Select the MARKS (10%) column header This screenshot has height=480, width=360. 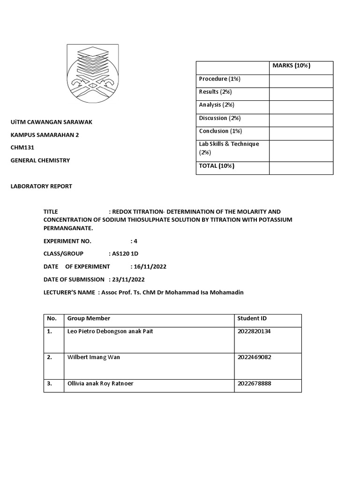click(291, 66)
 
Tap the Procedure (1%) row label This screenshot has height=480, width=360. click(219, 79)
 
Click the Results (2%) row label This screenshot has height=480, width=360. click(215, 92)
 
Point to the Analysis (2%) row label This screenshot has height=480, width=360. click(217, 105)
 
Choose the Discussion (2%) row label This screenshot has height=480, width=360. click(219, 118)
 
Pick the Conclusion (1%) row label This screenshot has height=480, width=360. click(220, 131)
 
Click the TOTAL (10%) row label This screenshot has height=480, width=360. click(217, 166)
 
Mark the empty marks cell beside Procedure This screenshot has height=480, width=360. click(300, 81)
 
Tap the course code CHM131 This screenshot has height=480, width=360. click(22, 147)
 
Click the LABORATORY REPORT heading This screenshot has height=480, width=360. click(41, 186)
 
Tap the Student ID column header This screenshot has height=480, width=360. click(252, 318)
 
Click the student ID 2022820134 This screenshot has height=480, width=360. click(254, 331)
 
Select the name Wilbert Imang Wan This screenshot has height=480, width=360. click(94, 357)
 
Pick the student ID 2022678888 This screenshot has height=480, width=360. click(254, 383)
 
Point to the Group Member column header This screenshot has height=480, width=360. click(89, 318)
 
